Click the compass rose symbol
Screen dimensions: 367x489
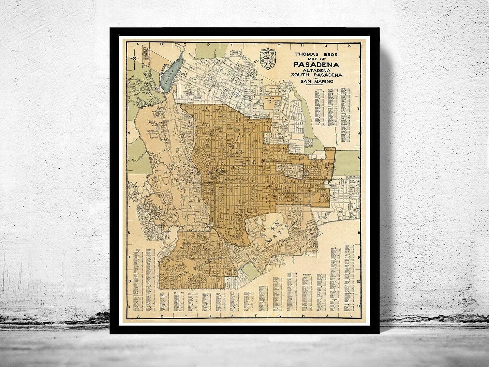135,58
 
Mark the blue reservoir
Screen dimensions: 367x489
172,69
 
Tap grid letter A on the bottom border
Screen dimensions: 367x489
138,317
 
